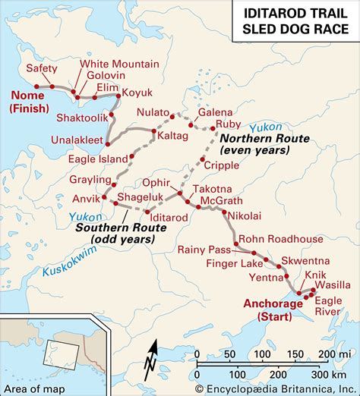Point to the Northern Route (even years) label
[x=254, y=145]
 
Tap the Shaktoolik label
[x=81, y=118]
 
